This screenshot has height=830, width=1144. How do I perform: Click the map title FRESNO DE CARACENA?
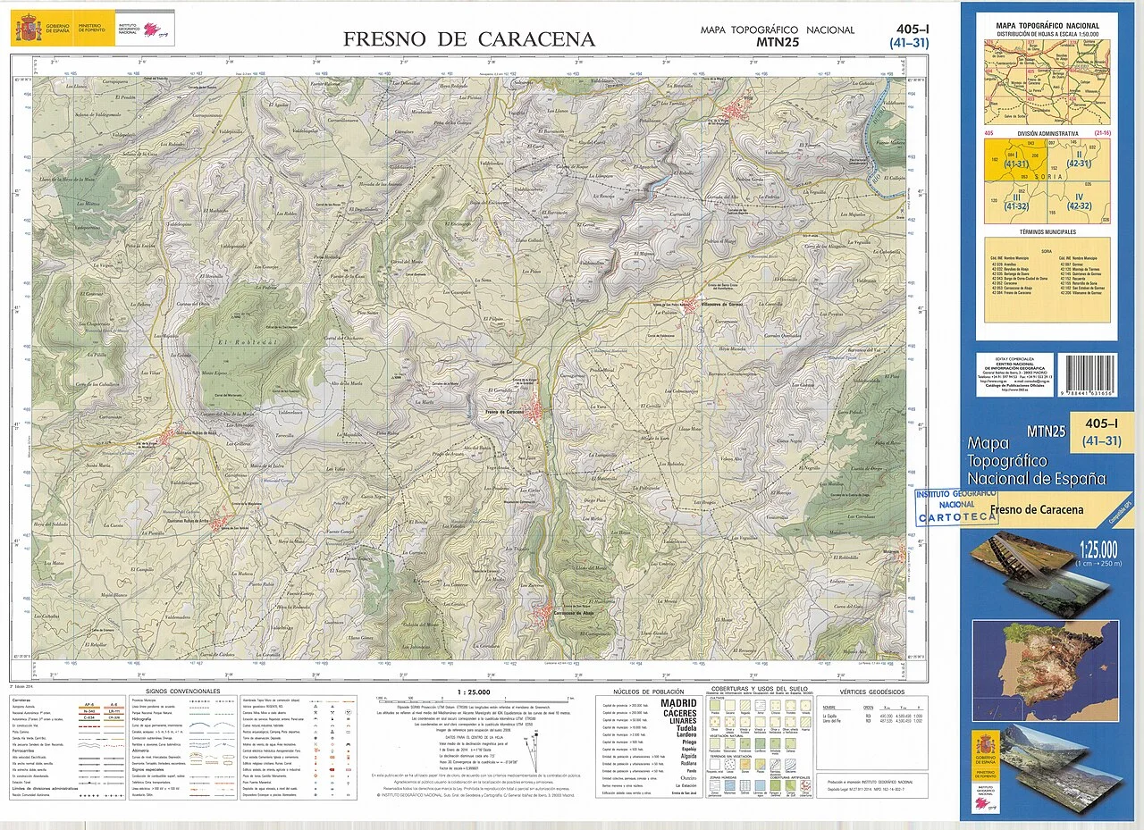point(469,39)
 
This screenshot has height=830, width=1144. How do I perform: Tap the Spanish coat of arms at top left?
point(28,29)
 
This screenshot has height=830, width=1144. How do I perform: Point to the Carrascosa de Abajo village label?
point(570,613)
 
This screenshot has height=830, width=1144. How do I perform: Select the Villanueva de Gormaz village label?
point(725,305)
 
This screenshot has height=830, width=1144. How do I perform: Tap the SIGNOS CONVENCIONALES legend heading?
point(182,692)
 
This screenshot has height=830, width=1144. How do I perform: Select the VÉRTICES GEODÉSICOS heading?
point(872,692)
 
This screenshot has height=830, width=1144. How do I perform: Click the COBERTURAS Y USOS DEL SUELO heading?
point(760,689)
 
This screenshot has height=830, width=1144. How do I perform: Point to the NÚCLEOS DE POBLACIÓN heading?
point(649,692)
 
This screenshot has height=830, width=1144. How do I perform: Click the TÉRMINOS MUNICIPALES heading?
point(1047,231)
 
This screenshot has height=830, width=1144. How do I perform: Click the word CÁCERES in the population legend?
point(679,713)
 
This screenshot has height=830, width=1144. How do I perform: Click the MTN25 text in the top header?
point(777,41)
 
